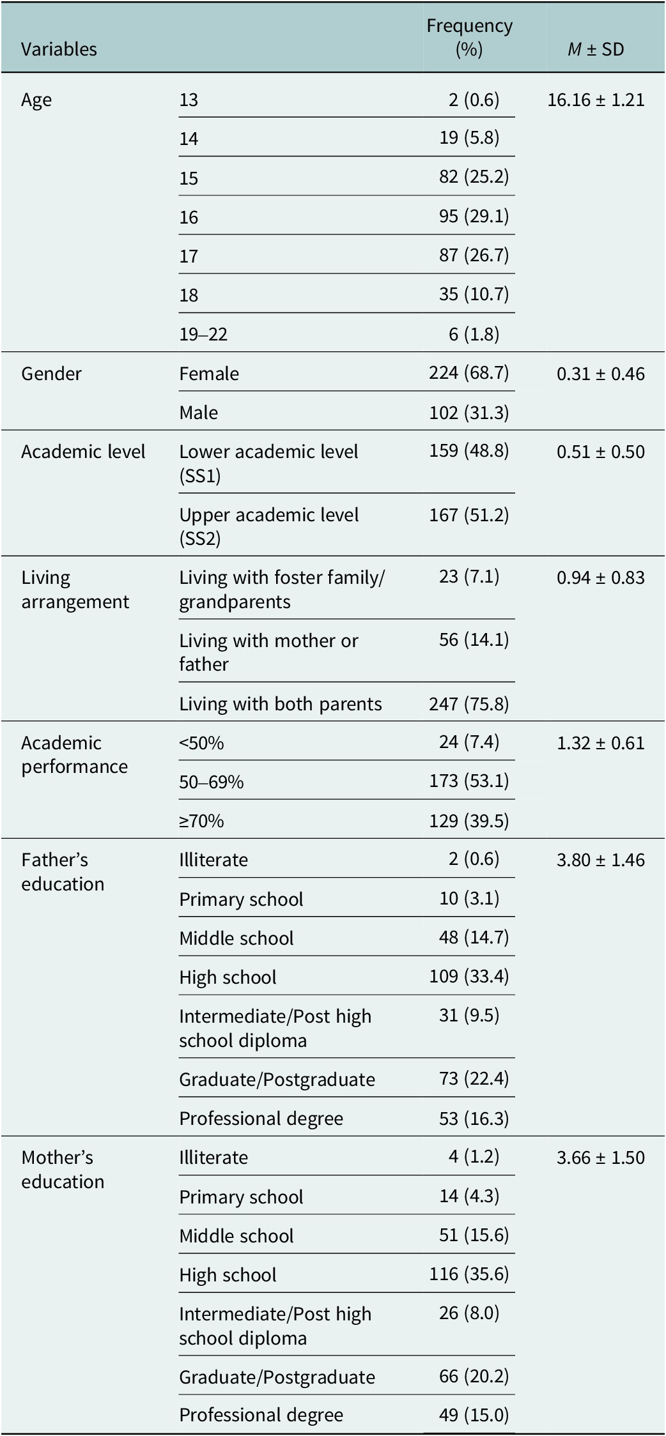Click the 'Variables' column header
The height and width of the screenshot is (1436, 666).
click(59, 49)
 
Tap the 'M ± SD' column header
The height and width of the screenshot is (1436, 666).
click(596, 49)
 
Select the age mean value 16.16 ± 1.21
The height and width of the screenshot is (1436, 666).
click(596, 100)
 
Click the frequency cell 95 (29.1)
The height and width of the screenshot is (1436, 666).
click(474, 217)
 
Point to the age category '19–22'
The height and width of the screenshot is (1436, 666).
click(203, 334)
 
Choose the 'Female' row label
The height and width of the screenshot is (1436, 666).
click(209, 374)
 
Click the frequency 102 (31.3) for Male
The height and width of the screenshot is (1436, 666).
click(469, 413)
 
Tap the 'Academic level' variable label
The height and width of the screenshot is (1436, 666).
click(83, 452)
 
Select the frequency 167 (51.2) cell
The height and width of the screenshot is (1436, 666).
click(469, 515)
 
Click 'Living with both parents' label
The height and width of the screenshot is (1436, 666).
click(281, 704)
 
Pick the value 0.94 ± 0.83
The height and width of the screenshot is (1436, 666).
click(601, 577)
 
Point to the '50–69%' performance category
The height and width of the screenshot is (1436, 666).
click(212, 782)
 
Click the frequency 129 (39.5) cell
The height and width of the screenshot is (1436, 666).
click(469, 821)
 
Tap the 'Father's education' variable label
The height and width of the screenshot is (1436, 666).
click(63, 872)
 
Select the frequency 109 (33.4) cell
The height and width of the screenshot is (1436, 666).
click(469, 977)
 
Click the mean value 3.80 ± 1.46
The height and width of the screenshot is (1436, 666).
click(601, 860)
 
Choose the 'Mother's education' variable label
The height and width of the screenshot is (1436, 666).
click(63, 1170)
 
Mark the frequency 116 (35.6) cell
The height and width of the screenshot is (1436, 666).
click(469, 1274)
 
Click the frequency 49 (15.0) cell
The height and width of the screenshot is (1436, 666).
click(474, 1415)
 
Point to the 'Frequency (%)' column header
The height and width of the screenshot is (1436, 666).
click(470, 37)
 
